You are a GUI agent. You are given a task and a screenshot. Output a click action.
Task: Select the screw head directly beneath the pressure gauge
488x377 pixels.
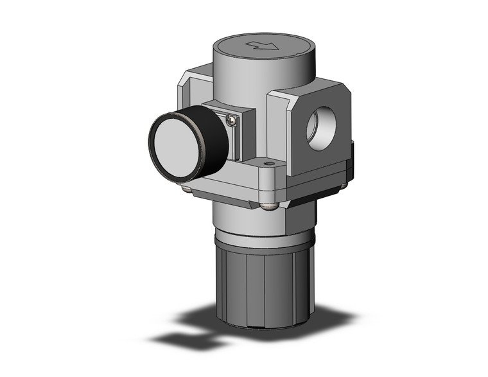pyautogui.click(x=187, y=188)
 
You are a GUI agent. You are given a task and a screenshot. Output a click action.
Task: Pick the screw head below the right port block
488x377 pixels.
pyautogui.click(x=344, y=186)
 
